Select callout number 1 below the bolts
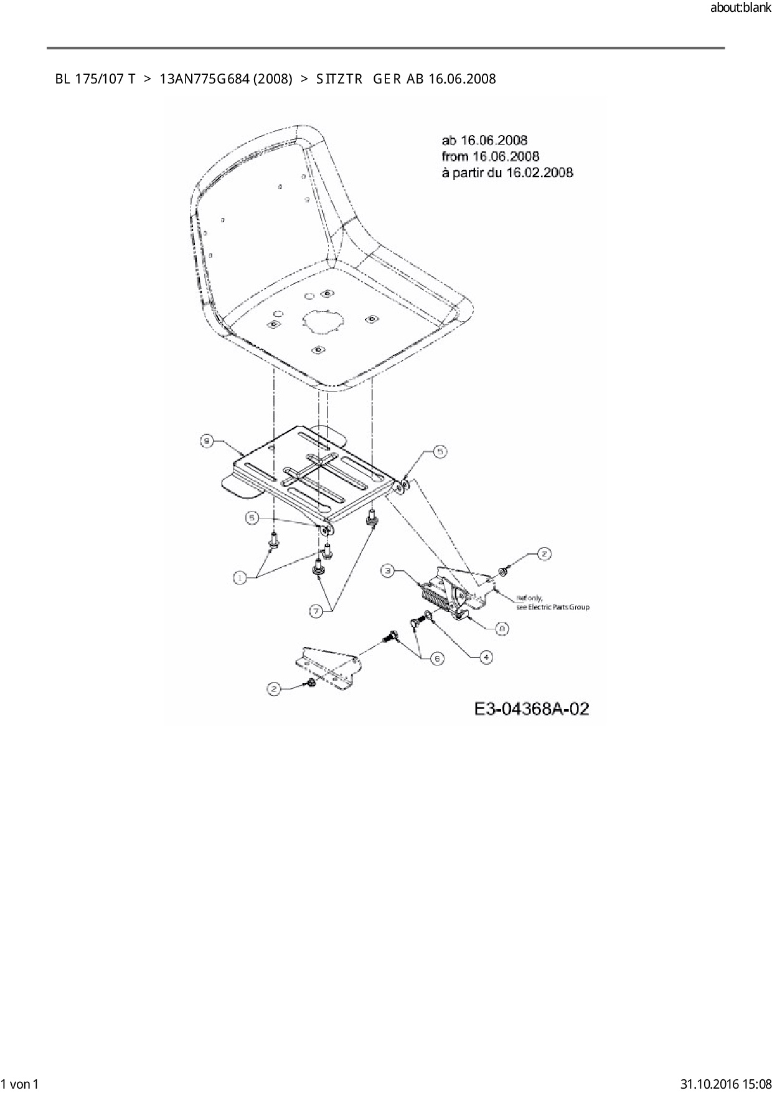238,578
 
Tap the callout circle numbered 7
317,612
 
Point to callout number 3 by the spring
387,570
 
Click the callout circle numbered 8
502,629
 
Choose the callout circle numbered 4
485,657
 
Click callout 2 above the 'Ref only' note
544,553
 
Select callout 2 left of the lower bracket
274,689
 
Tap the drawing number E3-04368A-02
531,709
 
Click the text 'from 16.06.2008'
490,156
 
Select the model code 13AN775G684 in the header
204,79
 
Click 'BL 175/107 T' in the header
95,79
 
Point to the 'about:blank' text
740,8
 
